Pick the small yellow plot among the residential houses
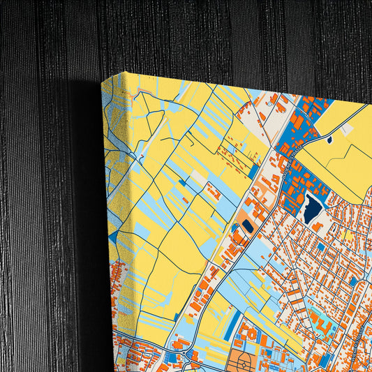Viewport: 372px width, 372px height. (334, 232)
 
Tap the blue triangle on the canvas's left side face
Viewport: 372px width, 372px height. (112, 237)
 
